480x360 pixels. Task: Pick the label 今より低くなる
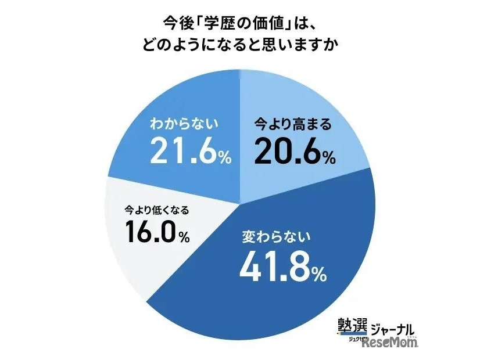(156, 209)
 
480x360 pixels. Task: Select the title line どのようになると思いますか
(240, 45)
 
